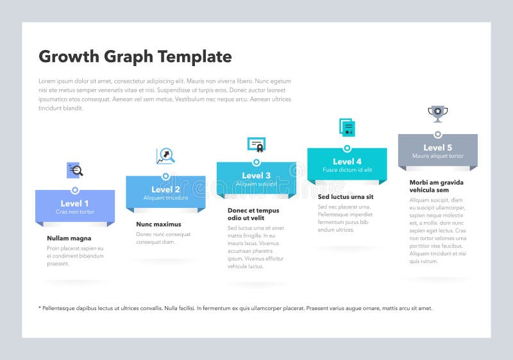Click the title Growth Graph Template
[x=135, y=56]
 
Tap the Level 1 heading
[x=75, y=203]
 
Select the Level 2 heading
[x=165, y=189]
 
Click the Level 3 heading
[x=256, y=175]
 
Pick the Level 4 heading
[x=347, y=162]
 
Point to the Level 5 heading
[x=437, y=148]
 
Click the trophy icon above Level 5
[x=437, y=114]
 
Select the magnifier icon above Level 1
[x=76, y=170]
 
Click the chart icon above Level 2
[x=165, y=156]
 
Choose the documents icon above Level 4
[x=347, y=127]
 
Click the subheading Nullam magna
[x=69, y=238]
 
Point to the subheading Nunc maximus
[x=158, y=224]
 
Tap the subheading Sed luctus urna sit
[x=345, y=196]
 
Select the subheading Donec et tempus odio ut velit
[x=253, y=214]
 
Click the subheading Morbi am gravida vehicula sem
[x=436, y=186]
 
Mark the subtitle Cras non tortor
[x=75, y=212]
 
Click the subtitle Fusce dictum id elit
[x=347, y=170]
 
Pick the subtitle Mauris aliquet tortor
[x=437, y=156]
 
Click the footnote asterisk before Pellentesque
[x=40, y=308]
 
